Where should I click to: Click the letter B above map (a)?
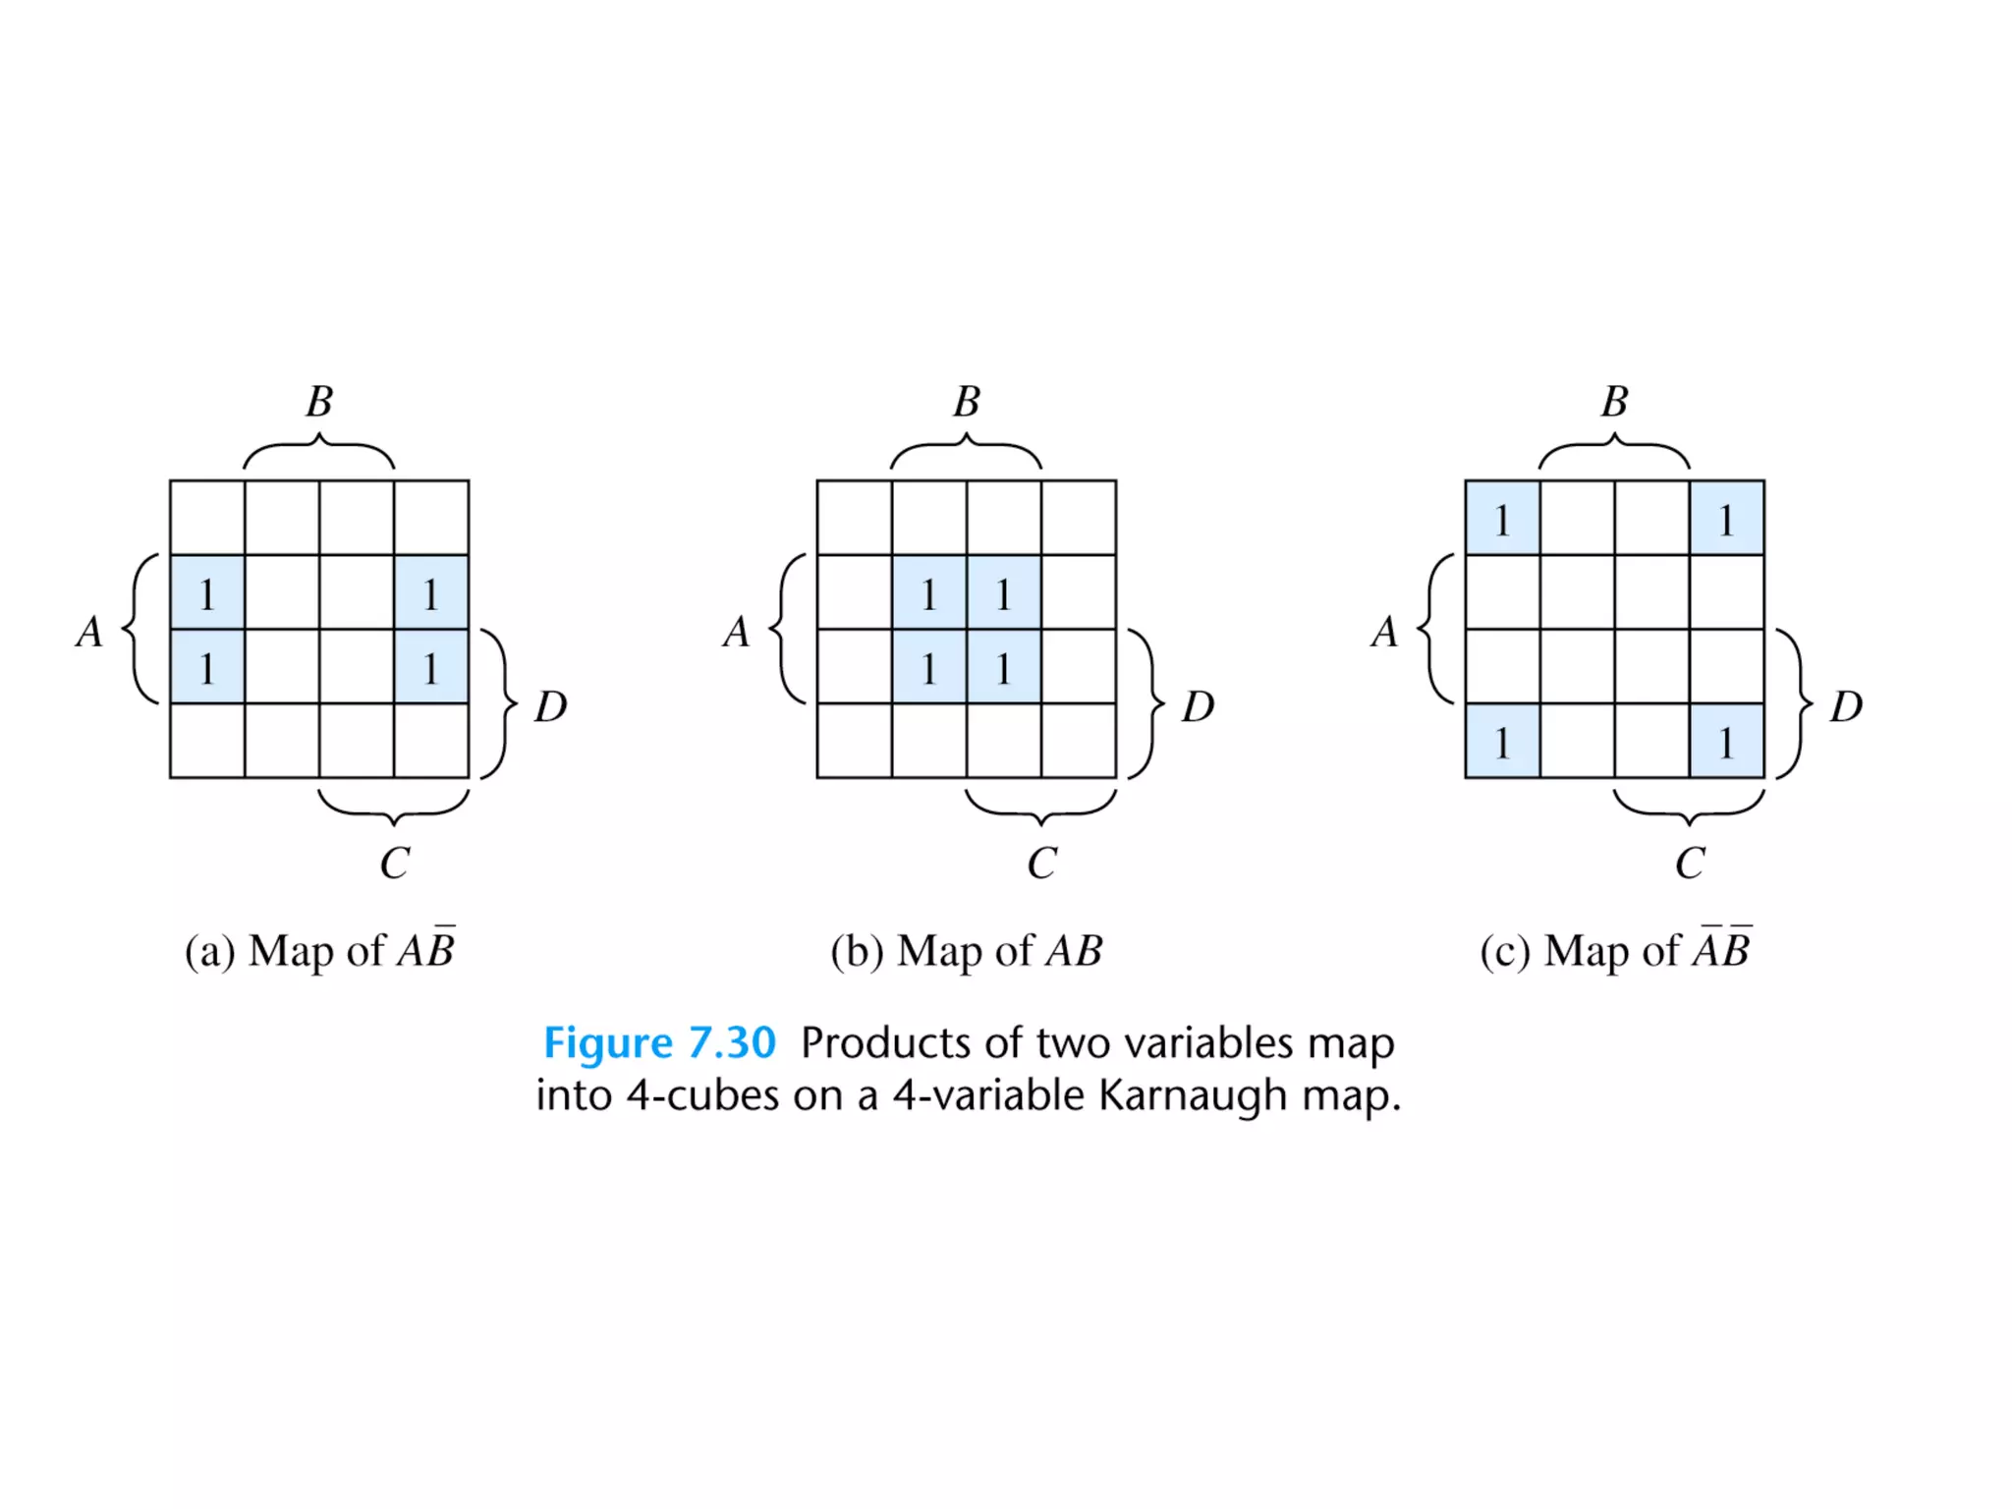tap(319, 402)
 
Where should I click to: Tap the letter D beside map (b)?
tap(1198, 706)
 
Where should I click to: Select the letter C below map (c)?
tap(1690, 864)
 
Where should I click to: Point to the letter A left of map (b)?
tap(736, 632)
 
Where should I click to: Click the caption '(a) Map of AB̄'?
tap(320, 950)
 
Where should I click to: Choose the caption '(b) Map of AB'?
tap(967, 950)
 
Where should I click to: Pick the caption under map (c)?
tap(1615, 950)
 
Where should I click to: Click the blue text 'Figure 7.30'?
tap(659, 1042)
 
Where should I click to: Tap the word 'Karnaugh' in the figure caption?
tap(1192, 1094)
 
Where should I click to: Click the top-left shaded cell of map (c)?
tap(1502, 518)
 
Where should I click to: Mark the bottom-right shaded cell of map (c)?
tap(1726, 741)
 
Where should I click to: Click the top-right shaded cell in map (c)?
tap(1726, 518)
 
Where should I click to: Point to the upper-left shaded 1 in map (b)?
tap(929, 592)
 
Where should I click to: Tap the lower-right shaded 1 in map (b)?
tap(1003, 667)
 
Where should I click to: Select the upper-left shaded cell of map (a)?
tap(207, 592)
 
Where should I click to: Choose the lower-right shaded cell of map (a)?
tap(431, 667)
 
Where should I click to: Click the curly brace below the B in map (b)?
tap(967, 452)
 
